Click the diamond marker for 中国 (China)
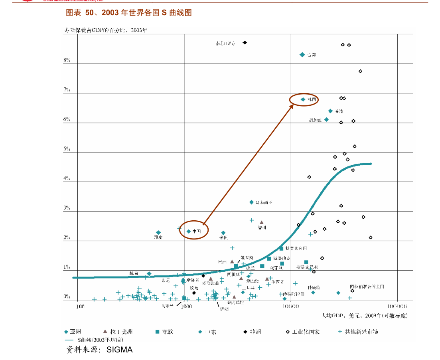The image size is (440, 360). pyautogui.click(x=189, y=231)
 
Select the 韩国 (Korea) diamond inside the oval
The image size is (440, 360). pyautogui.click(x=303, y=99)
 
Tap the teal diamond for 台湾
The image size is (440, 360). pyautogui.click(x=302, y=55)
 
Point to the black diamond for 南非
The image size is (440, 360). pyautogui.click(x=245, y=43)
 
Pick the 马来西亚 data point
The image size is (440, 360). pyautogui.click(x=251, y=202)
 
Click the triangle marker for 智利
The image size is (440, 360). pyautogui.click(x=262, y=222)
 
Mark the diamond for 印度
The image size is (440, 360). pyautogui.click(x=158, y=232)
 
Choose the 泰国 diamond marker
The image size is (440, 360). pyautogui.click(x=223, y=233)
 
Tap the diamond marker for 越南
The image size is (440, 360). pyautogui.click(x=149, y=273)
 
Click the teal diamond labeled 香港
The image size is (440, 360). pyautogui.click(x=330, y=111)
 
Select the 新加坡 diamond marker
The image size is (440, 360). pyautogui.click(x=326, y=120)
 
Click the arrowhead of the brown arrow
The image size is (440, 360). pyautogui.click(x=292, y=105)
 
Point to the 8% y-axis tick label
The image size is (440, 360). pyautogui.click(x=67, y=60)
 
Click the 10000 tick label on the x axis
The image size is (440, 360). pyautogui.click(x=291, y=306)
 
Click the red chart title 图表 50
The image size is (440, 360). pyautogui.click(x=129, y=13)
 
